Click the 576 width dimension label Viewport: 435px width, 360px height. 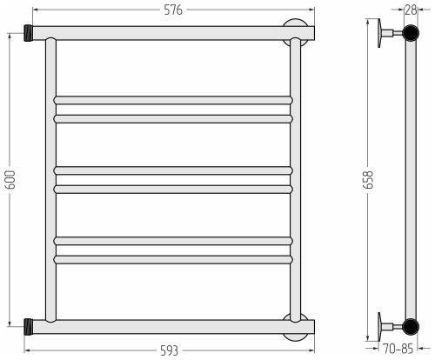pos(173,10)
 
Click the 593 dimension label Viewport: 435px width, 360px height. pos(169,350)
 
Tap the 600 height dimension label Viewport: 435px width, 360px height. pos(11,179)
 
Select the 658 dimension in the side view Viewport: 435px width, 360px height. pos(368,179)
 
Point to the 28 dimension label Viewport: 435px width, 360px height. pos(411,10)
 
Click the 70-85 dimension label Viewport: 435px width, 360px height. pos(398,349)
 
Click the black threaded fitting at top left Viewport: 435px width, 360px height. pos(28,33)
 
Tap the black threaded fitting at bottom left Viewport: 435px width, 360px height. pos(28,327)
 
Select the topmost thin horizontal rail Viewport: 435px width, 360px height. pos(173,100)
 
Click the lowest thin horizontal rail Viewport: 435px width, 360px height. pos(173,260)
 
